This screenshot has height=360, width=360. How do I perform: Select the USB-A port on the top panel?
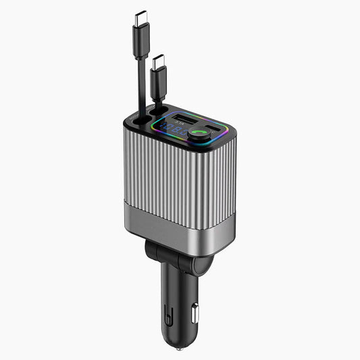click(x=184, y=124)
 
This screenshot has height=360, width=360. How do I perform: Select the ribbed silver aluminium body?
click(x=182, y=182)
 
